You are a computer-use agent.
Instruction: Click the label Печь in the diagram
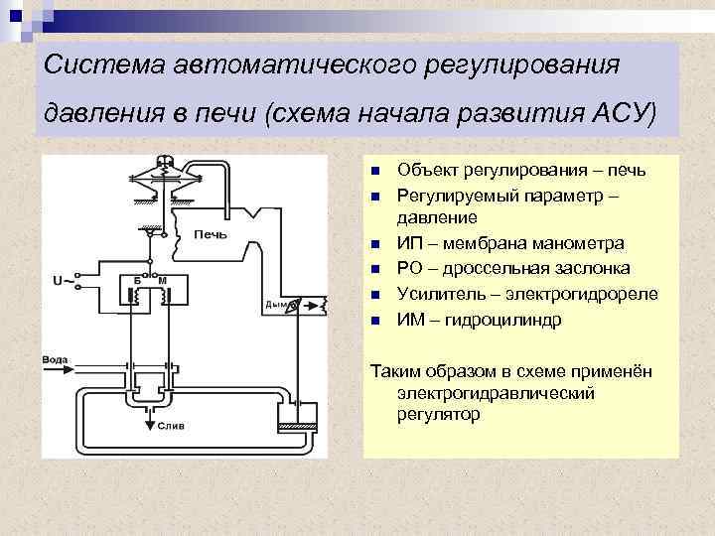(211, 235)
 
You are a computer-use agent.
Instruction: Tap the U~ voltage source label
(61, 281)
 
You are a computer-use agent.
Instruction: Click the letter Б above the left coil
(138, 281)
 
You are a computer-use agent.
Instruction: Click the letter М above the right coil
(162, 281)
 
